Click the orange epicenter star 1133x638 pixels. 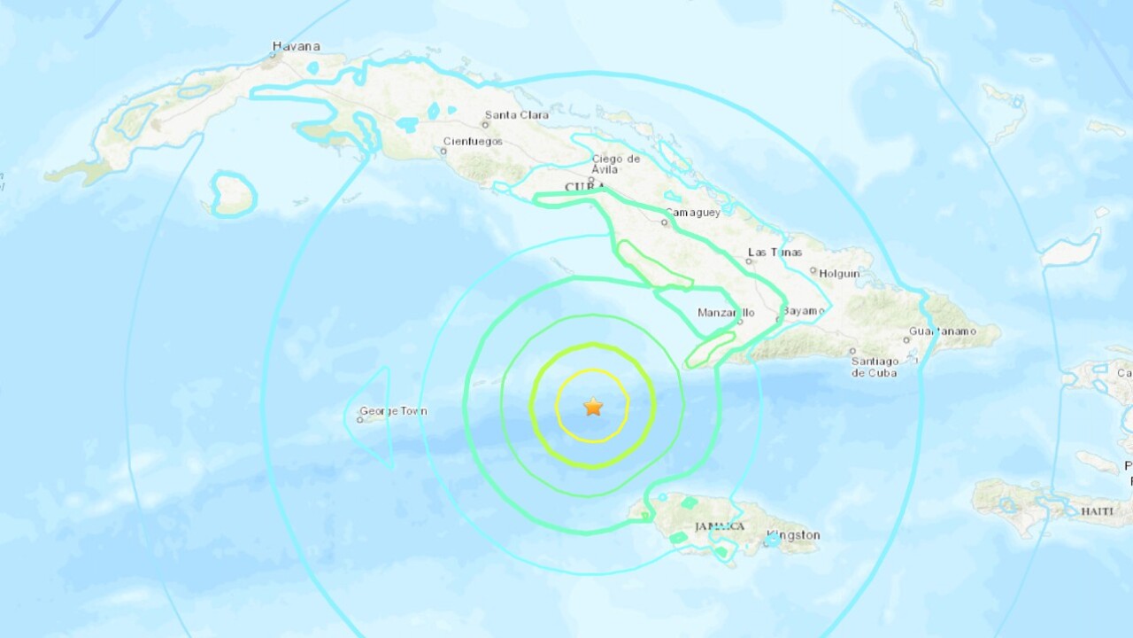593,407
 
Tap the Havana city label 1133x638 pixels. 296,46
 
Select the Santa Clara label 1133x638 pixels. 515,114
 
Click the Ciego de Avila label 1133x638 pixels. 616,164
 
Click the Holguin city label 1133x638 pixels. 839,274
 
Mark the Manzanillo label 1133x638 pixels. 726,313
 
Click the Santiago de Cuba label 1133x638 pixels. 874,367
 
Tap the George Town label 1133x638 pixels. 393,411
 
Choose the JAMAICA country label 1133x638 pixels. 720,526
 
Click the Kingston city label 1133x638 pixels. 793,535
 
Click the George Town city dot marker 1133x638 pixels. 359,419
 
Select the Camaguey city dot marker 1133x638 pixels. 664,222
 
